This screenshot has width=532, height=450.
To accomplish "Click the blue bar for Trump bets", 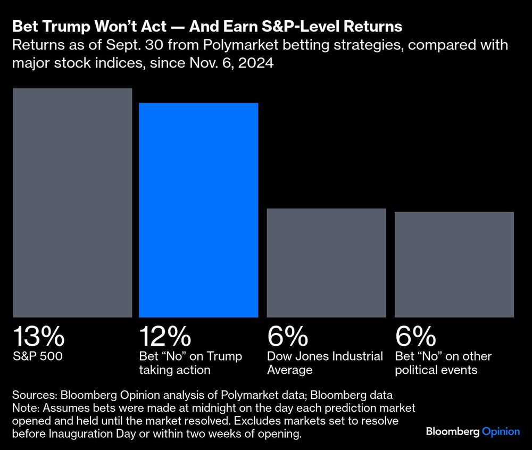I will pyautogui.click(x=198, y=210).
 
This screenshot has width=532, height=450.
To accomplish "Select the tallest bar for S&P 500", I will pyautogui.click(x=72, y=203).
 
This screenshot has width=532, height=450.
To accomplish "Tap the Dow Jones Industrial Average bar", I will pyautogui.click(x=326, y=263).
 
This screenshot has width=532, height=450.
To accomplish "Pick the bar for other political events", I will pyautogui.click(x=454, y=264).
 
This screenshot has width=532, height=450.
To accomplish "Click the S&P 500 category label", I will pyautogui.click(x=37, y=356).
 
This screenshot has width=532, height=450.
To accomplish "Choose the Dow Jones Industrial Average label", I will pyautogui.click(x=325, y=362).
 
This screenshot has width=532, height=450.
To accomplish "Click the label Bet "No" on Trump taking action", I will pyautogui.click(x=190, y=362).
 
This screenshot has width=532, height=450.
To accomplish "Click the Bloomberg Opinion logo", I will pyautogui.click(x=472, y=431).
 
